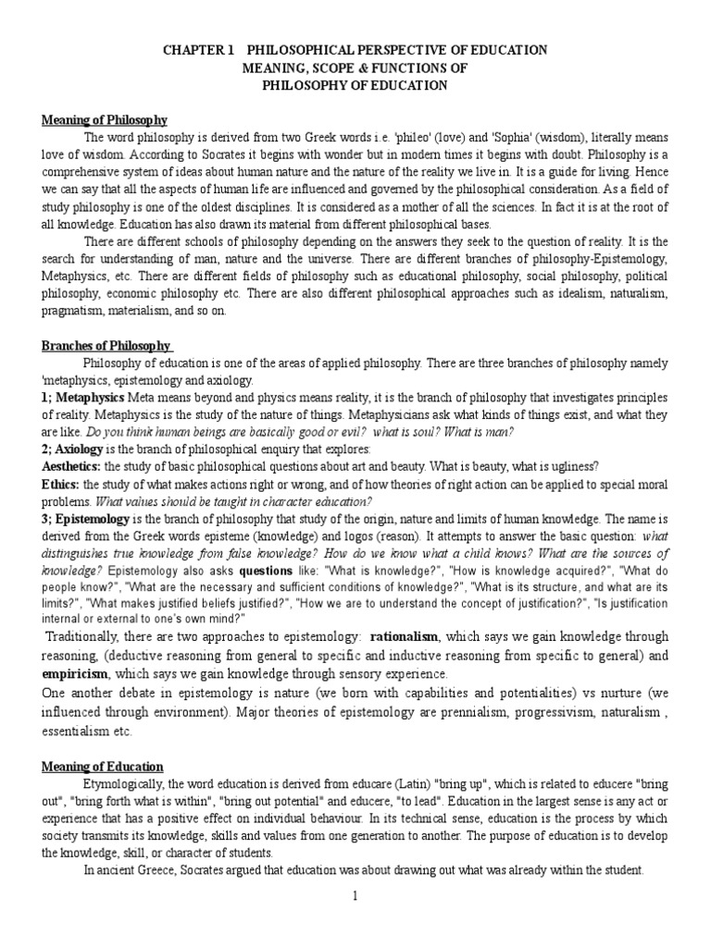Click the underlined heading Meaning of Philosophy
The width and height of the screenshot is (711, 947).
[105, 120]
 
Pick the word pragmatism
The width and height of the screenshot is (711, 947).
[74, 311]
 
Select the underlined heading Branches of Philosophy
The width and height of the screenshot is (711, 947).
[107, 346]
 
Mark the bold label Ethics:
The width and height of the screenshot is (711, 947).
[60, 484]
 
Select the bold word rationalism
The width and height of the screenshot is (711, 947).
[405, 637]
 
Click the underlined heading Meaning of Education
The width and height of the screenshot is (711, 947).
[102, 767]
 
